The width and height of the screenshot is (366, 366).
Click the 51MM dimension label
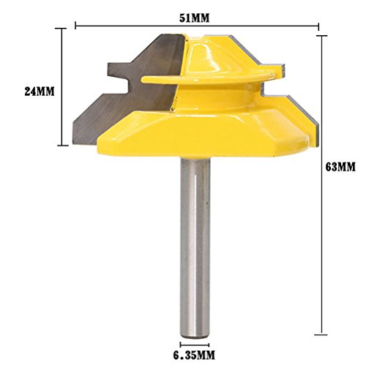click(194, 18)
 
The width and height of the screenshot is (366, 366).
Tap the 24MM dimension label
click(40, 91)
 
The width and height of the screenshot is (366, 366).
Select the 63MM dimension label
click(340, 168)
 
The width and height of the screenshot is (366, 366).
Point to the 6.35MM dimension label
click(194, 355)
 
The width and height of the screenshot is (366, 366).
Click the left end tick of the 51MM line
click(75, 26)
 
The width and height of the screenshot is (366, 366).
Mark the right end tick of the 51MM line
click(318, 26)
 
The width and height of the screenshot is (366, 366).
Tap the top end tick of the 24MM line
click(61, 29)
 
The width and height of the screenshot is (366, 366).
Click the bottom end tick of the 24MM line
click(64, 146)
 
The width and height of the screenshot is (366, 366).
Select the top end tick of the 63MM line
click(321, 36)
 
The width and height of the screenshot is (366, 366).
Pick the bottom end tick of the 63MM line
click(321, 335)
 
